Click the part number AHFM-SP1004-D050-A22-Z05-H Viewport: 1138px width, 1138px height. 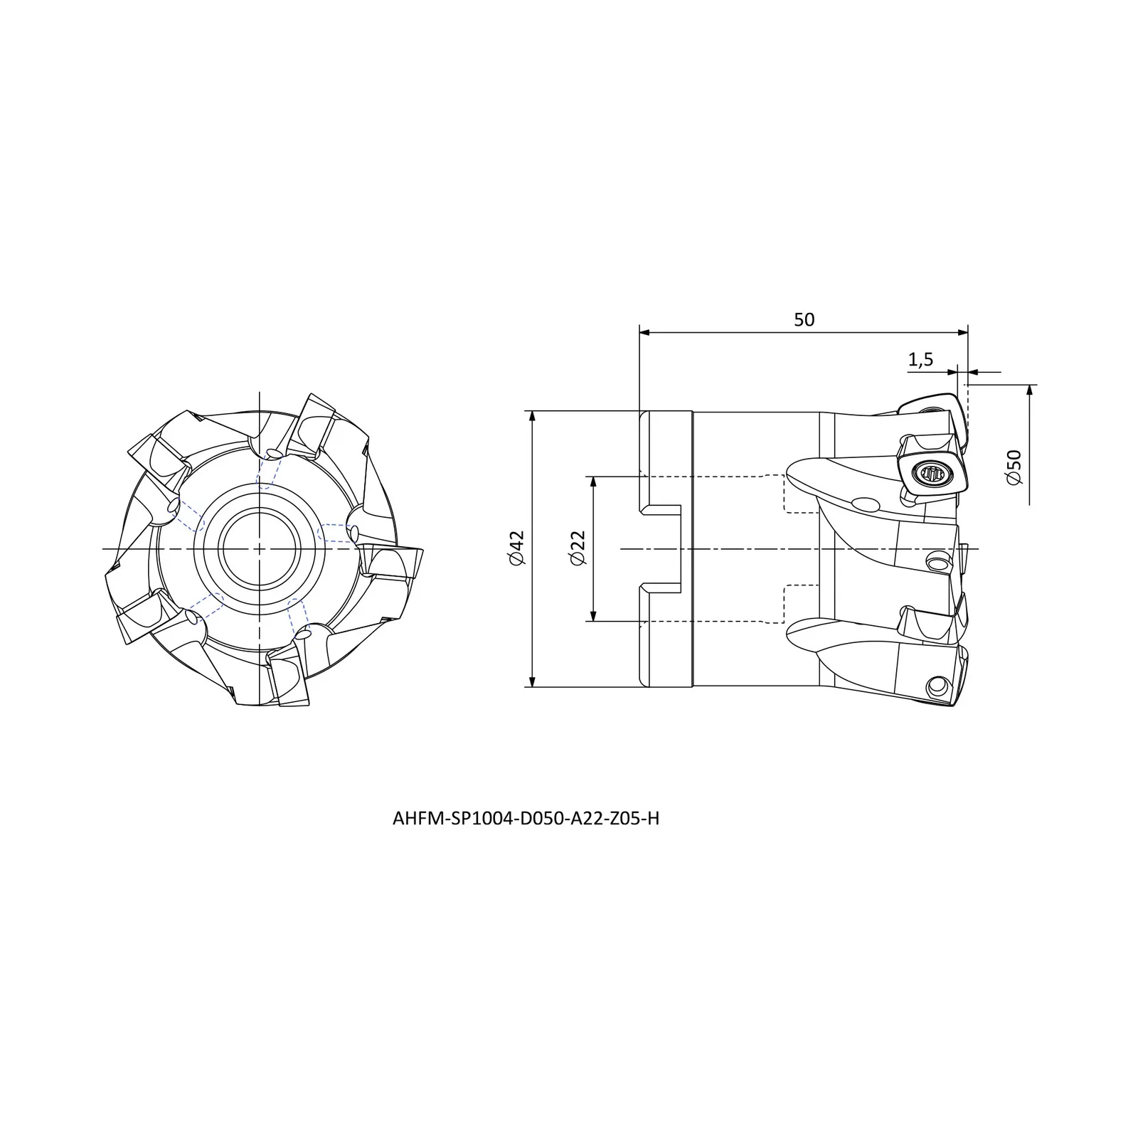coord(526,819)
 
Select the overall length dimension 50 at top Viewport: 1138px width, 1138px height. coord(804,319)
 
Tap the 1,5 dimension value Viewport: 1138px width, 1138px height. coord(920,360)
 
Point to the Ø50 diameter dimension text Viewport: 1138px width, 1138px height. coord(1014,467)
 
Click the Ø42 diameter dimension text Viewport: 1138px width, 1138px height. coord(516,548)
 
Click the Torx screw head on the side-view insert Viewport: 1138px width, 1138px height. coord(931,472)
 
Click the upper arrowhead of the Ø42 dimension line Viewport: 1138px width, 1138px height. coord(533,418)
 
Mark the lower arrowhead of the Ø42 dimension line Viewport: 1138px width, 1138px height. coord(533,680)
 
